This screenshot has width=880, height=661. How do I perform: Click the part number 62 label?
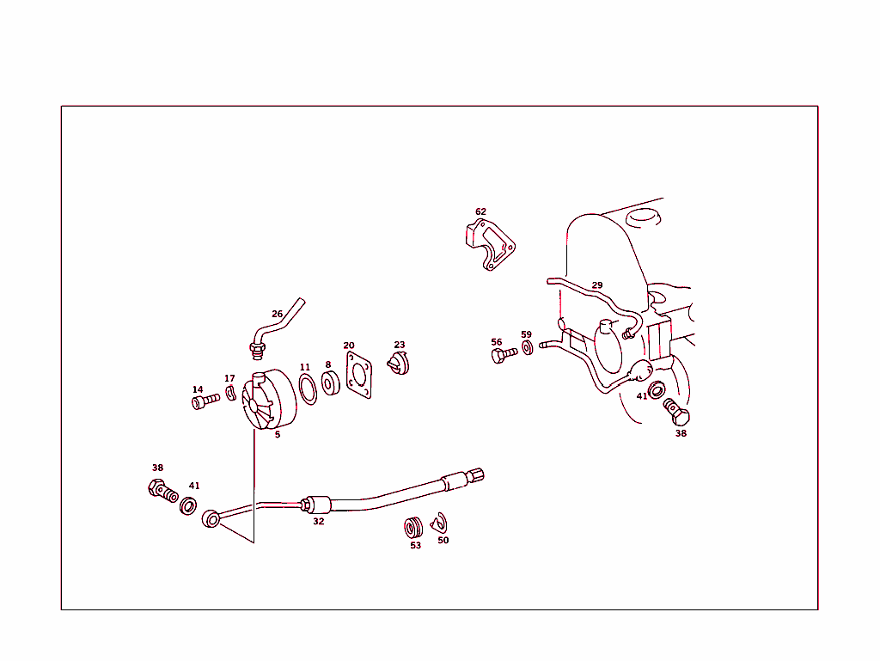(x=480, y=211)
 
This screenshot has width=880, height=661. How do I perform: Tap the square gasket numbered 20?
(x=359, y=375)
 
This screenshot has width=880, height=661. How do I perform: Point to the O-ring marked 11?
(x=308, y=390)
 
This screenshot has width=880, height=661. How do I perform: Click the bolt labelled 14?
(x=206, y=401)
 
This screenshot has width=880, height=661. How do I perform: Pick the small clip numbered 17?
(x=230, y=394)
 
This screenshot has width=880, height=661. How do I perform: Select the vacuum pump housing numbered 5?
(x=269, y=399)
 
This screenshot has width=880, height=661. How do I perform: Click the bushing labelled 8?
(x=331, y=383)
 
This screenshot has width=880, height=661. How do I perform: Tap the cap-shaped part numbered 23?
(x=399, y=364)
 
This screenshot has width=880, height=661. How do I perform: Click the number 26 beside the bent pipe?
(x=278, y=315)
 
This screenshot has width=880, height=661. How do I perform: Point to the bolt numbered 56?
(x=504, y=355)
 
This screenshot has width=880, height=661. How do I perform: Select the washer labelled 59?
(x=528, y=348)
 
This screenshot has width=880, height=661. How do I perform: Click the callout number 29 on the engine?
(x=597, y=285)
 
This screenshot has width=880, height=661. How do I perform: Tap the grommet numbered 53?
(x=414, y=528)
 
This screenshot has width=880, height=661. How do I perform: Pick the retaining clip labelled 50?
(x=439, y=523)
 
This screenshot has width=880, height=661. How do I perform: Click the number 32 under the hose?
(x=318, y=521)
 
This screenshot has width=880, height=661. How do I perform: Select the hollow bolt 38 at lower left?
(x=162, y=490)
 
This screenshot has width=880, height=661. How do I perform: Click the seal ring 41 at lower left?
(x=188, y=506)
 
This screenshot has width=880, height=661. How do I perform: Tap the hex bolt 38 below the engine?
(x=676, y=412)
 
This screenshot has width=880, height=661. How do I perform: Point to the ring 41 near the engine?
(x=656, y=389)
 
